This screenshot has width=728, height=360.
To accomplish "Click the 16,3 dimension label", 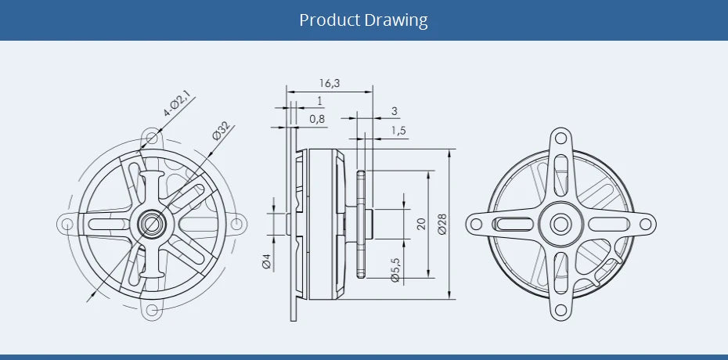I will tap(330, 83).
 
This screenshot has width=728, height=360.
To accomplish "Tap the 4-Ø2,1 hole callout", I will tap(177, 105).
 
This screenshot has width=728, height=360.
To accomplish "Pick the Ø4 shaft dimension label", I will tap(266, 261).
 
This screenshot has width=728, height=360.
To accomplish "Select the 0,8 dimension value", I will tap(317, 119).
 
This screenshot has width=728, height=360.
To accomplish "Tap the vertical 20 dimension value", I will tap(420, 225).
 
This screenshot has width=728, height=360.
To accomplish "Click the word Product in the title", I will tap(330, 20).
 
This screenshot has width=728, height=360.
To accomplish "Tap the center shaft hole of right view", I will tap(560, 224).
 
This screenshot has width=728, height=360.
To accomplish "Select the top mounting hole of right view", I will tap(560, 139).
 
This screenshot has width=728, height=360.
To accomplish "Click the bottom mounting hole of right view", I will tap(560, 310).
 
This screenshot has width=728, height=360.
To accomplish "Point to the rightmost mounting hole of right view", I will tap(645, 225).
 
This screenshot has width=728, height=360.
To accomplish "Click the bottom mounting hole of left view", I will tap(152, 313).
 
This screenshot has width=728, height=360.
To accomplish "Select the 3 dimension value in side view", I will tap(394, 111).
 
